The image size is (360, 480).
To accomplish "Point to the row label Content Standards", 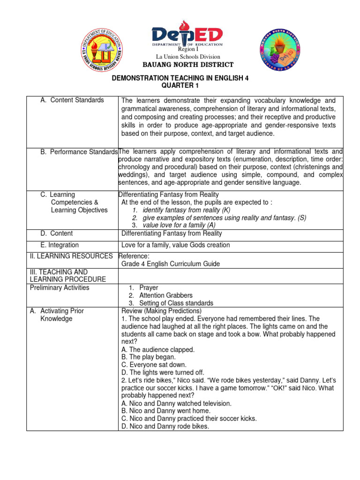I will pos(77,100).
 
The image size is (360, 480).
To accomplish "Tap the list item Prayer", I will pos(149,287).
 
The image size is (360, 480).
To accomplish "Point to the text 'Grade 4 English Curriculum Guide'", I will pos(171,264).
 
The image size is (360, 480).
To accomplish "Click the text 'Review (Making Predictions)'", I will pos(161,311).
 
